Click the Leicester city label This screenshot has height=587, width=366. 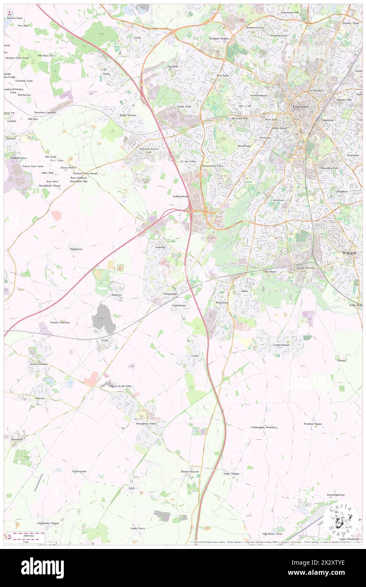[301, 107]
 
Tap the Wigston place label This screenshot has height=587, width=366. [349, 253]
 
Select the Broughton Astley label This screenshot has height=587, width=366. [146, 423]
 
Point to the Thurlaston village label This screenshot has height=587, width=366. [76, 249]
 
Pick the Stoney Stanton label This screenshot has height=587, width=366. [38, 364]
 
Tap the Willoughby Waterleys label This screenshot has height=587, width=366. [264, 427]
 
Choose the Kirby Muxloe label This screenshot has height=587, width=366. [128, 115]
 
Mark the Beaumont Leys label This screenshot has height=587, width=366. [255, 27]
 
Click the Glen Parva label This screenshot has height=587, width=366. [270, 272]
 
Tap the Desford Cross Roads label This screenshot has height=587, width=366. [85, 173]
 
